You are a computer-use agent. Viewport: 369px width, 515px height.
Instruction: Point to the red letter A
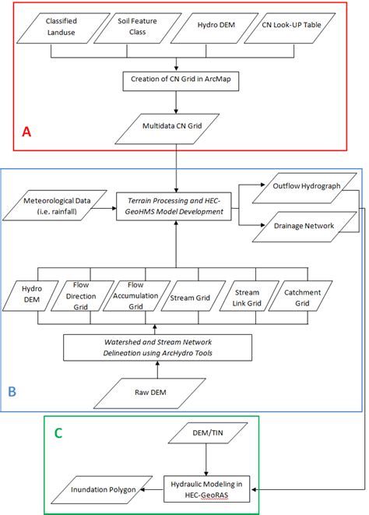pos(26,132)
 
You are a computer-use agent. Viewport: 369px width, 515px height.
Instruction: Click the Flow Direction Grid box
pos(79,296)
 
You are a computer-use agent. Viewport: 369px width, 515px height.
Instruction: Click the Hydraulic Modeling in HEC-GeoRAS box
pos(206,489)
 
